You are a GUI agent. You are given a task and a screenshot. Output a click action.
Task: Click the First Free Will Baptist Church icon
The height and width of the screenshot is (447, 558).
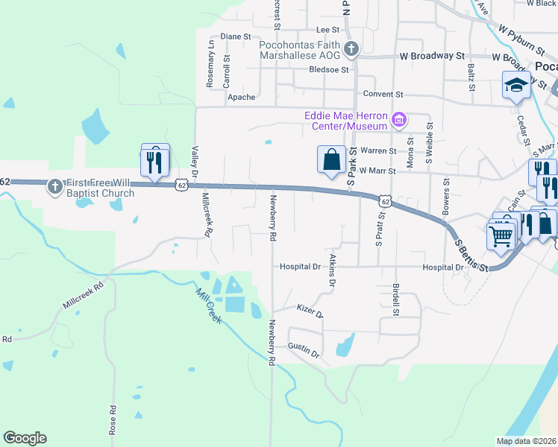coord(54,186)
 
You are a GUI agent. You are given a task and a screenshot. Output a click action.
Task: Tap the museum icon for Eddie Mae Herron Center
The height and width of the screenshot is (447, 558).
coord(399,119)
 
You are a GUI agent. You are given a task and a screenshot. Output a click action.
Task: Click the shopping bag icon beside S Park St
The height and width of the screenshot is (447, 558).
coord(331,159)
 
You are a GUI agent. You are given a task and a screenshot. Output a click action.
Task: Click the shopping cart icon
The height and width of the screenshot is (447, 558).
coord(501,236)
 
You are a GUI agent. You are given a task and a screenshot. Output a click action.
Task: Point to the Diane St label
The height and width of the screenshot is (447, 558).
coord(236,37)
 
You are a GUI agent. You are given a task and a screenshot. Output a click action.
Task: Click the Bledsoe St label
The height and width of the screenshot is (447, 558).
coord(330,70)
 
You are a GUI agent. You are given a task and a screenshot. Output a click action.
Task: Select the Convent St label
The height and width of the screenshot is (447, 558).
coord(383,95)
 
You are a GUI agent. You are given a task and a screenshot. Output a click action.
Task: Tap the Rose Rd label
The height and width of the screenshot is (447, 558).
coord(113,420)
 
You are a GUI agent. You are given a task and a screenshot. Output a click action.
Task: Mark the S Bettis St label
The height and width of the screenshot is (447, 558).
coord(472,256)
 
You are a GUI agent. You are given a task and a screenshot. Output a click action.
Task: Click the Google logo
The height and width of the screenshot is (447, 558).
coord(25,438)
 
